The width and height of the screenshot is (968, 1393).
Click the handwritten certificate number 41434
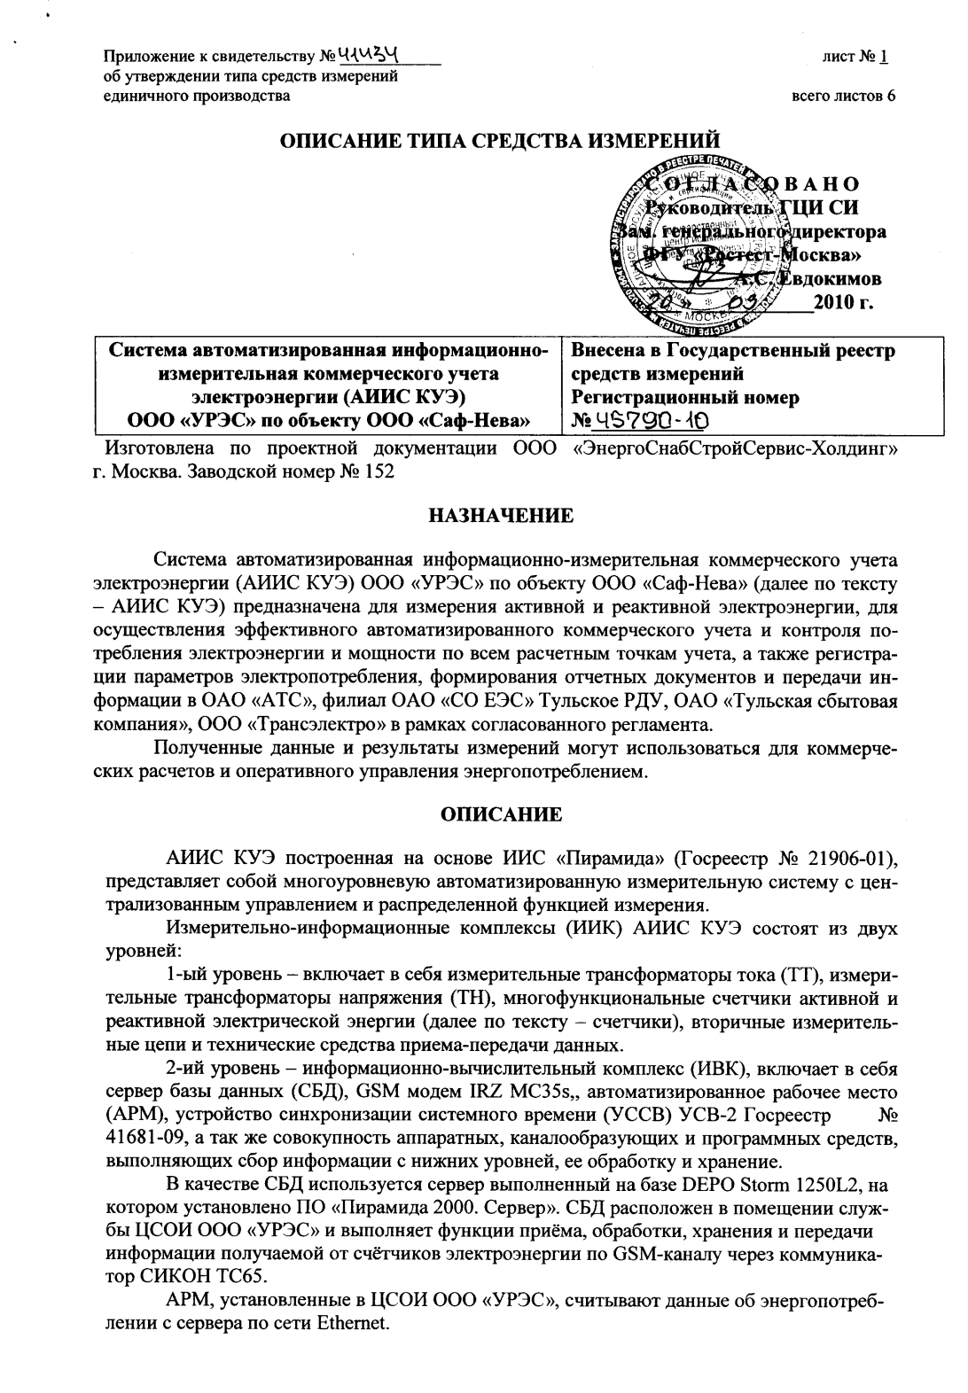(x=378, y=57)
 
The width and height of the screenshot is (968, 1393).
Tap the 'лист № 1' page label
(x=855, y=58)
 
